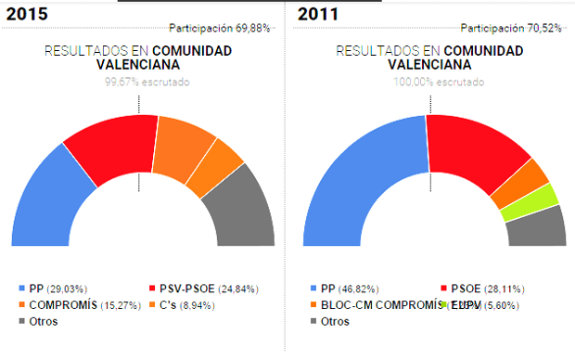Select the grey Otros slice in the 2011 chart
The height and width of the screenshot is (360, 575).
[x=539, y=226]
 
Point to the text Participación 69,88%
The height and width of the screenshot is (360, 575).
[x=220, y=28]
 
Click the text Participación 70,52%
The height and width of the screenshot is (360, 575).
[x=511, y=28]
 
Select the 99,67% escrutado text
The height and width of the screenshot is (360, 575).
[x=147, y=82]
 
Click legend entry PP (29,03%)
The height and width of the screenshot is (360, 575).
[x=59, y=289]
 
